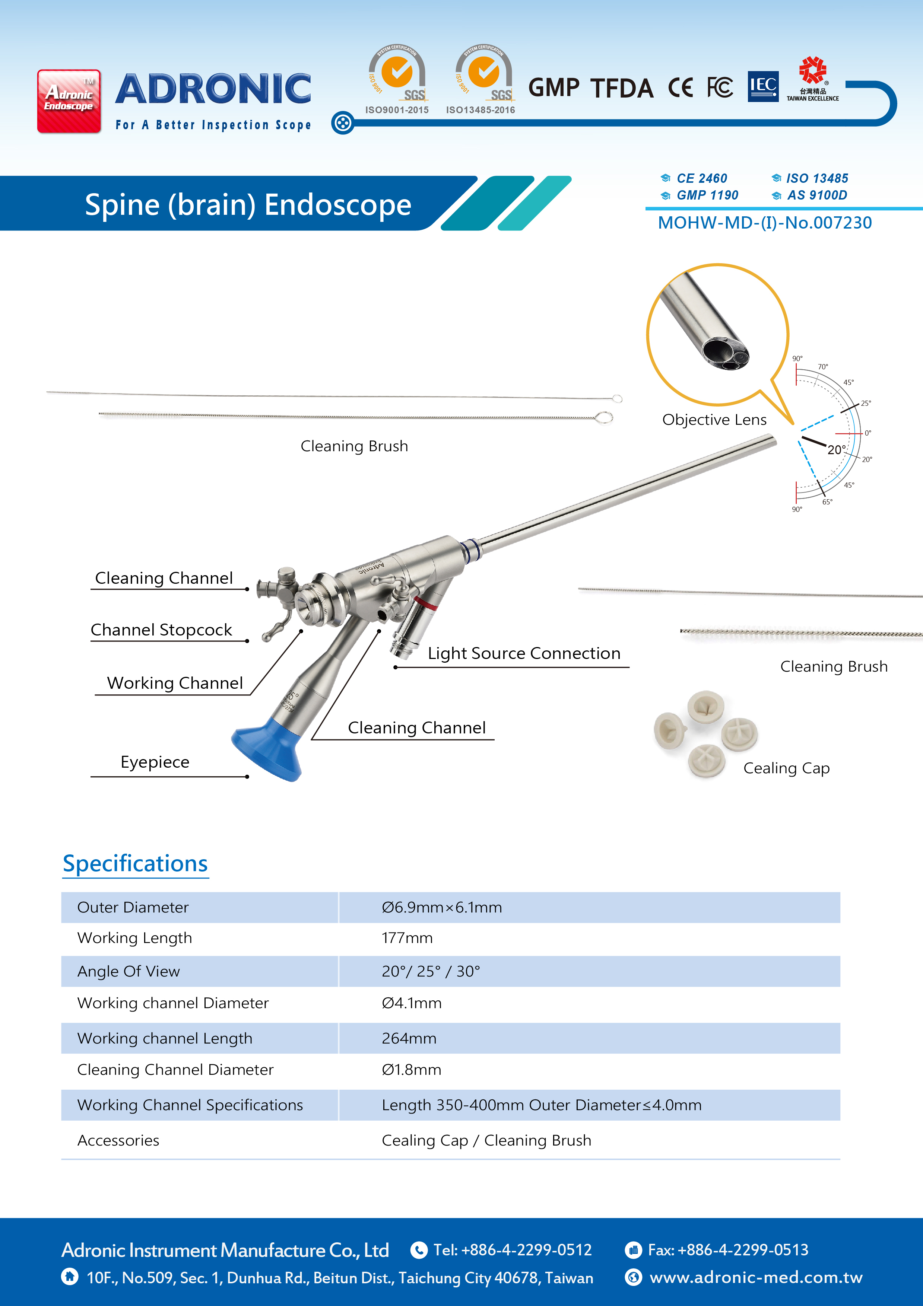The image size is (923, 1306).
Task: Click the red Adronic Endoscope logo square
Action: pos(69,101)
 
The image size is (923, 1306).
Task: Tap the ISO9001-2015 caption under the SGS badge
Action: pos(397,110)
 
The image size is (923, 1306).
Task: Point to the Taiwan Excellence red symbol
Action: pos(813,70)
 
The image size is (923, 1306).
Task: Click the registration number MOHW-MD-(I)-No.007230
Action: pos(765,223)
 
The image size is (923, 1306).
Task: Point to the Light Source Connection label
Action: pos(524,654)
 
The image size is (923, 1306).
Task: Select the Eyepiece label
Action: pos(155,762)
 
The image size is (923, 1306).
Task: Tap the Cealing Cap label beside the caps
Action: pos(786,768)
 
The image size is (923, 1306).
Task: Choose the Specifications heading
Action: pos(136,863)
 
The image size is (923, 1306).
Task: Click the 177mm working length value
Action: pos(407,938)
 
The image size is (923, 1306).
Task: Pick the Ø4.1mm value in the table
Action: pos(412,1003)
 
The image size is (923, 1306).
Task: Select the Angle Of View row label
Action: pos(129,972)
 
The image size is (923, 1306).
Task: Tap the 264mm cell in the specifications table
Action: pos(409,1039)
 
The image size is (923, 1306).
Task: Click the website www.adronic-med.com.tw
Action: pos(756,1278)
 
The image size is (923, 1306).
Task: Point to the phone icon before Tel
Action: pos(419,1250)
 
